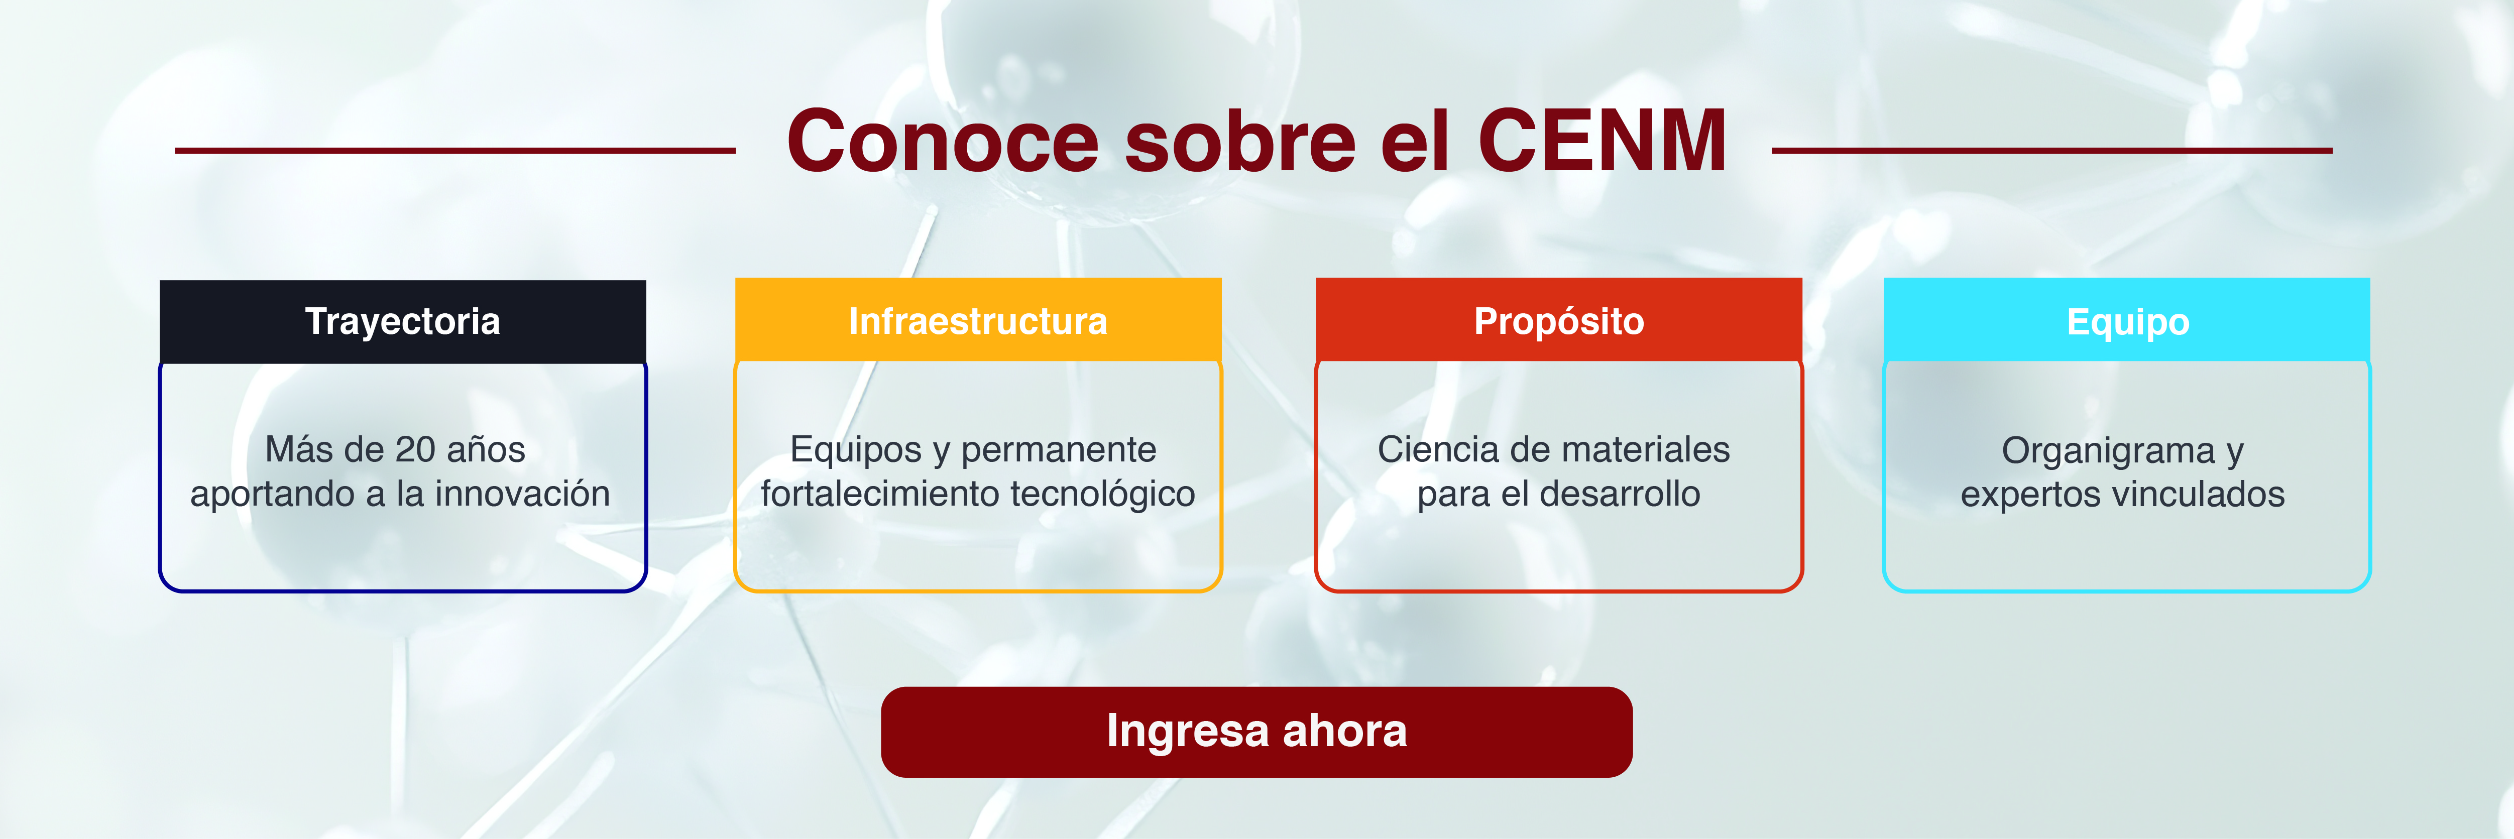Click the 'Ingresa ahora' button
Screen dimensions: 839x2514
(x=1256, y=732)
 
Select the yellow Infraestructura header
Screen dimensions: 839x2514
(x=978, y=321)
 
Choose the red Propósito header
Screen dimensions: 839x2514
(x=1558, y=321)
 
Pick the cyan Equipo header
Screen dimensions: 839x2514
(x=2127, y=321)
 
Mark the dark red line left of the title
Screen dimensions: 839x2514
(x=455, y=151)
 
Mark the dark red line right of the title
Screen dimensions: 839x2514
(x=2051, y=151)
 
